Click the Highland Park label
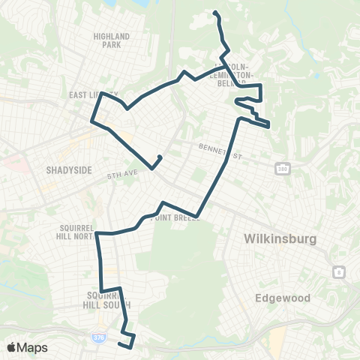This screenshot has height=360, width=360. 112,40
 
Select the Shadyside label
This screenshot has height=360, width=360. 69,170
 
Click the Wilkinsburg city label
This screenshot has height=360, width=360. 281,240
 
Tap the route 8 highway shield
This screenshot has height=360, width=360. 339,271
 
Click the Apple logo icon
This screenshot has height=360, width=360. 12,347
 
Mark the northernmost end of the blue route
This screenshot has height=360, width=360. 215,13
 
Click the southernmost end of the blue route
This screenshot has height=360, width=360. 120,345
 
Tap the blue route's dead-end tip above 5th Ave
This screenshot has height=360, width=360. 161,157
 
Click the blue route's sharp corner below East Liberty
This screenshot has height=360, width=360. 92,120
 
